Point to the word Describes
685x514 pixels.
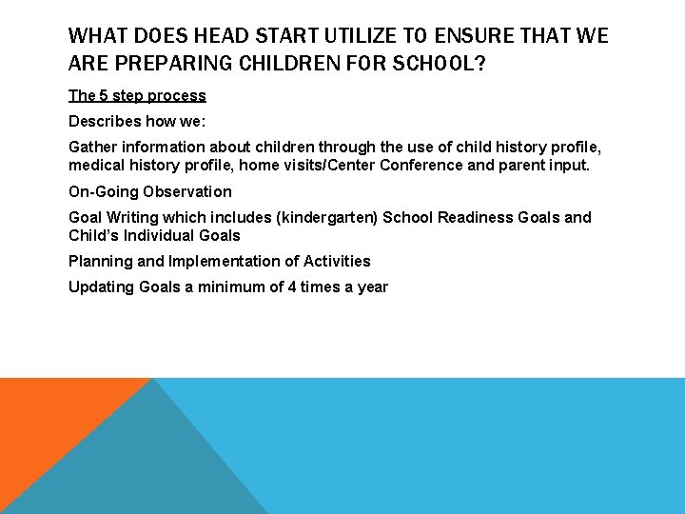coord(104,122)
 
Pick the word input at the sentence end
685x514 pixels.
coord(567,166)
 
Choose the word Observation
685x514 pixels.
coord(187,191)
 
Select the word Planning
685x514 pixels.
coord(100,261)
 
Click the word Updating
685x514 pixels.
coord(102,287)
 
